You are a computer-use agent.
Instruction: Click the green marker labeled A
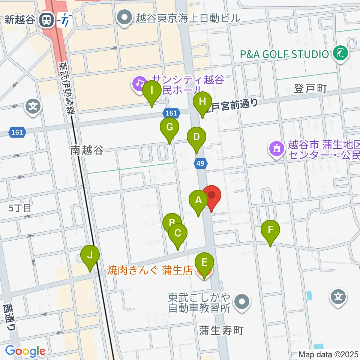pyautogui.click(x=198, y=201)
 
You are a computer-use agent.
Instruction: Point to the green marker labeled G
pyautogui.click(x=169, y=128)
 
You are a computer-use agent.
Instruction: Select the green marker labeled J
pyautogui.click(x=90, y=256)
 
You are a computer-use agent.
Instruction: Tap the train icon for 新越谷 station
pyautogui.click(x=46, y=20)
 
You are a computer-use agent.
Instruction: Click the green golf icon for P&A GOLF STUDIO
pyautogui.click(x=341, y=54)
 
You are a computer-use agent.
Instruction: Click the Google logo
pyautogui.click(x=25, y=351)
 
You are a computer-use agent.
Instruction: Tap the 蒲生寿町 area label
pyautogui.click(x=221, y=330)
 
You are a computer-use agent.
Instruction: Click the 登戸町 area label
pyautogui.click(x=310, y=89)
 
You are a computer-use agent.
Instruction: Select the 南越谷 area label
pyautogui.click(x=87, y=150)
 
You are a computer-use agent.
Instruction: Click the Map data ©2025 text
pyautogui.click(x=328, y=354)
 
